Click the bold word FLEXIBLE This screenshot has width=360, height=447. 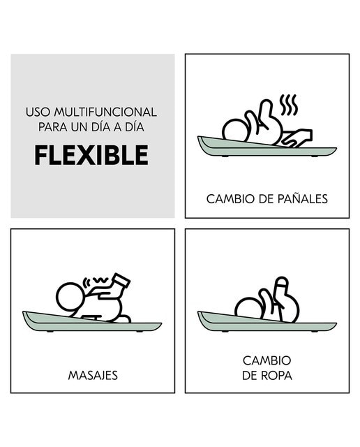(x=91, y=155)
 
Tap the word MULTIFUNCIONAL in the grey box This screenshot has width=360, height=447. (x=105, y=112)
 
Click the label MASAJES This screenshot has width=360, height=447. (x=93, y=376)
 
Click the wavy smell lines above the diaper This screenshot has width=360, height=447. (x=288, y=105)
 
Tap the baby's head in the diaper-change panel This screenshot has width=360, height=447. (x=235, y=132)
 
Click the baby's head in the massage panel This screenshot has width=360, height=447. (x=70, y=296)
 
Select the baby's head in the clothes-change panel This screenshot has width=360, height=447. (x=248, y=309)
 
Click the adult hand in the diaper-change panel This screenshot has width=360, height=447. (x=297, y=138)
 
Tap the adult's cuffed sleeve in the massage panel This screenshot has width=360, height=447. (x=121, y=281)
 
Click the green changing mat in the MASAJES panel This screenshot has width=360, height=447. (x=92, y=323)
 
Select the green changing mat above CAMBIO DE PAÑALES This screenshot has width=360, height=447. (x=267, y=147)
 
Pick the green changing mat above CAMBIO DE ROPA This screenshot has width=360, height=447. (x=267, y=323)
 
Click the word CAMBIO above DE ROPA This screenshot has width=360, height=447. (x=267, y=360)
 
